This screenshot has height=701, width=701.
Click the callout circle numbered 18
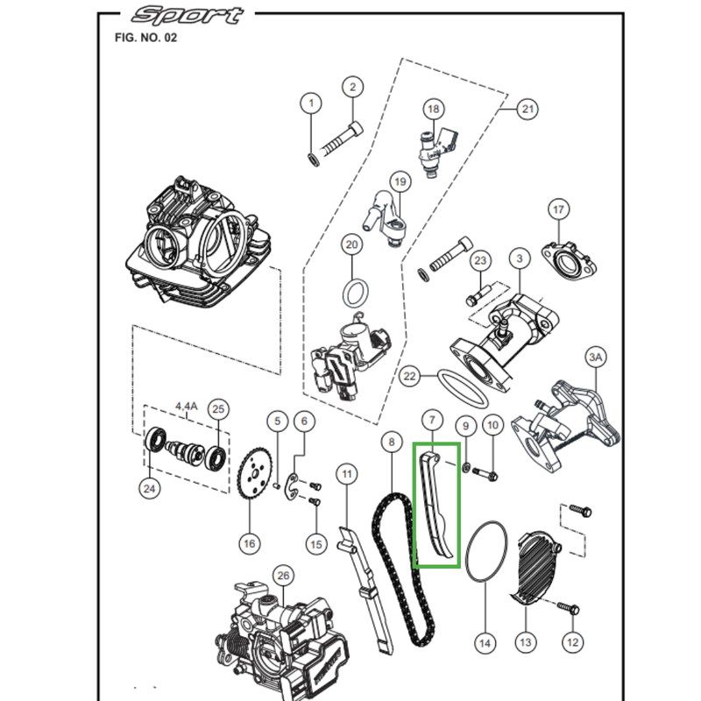pos(432,109)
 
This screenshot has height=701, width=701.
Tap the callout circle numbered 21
pos(527,109)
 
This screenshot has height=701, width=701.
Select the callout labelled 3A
pos(596,358)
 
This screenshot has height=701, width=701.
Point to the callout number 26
pos(281,575)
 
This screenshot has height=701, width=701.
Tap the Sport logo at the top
pos(185,15)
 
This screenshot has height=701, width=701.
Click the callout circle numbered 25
pos(219,408)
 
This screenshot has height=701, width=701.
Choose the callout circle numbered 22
pos(409,376)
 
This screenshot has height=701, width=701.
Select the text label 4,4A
pos(187,406)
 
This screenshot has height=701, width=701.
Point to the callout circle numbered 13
pos(525,642)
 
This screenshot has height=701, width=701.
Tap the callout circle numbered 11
pos(348,475)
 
